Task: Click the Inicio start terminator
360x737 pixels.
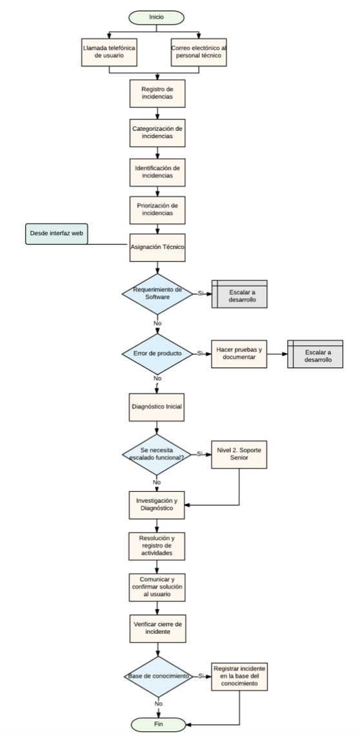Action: coord(157,17)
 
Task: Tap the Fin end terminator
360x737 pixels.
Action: coord(158,724)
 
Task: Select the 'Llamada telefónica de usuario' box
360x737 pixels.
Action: coord(109,52)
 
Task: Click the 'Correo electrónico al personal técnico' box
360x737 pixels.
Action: coord(198,52)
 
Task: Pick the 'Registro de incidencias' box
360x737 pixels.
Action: coord(157,94)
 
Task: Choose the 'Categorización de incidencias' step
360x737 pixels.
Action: coord(157,133)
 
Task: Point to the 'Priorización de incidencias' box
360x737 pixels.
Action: coord(157,210)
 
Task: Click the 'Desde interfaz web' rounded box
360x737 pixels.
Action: coord(56,234)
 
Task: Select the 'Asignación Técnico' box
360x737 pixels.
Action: coord(157,247)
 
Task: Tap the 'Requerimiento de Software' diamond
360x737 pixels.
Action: coord(157,294)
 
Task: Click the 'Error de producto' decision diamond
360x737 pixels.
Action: coord(157,354)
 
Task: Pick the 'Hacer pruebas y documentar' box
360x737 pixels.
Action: coord(239,354)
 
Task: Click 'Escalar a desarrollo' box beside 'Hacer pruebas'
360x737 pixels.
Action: coord(315,354)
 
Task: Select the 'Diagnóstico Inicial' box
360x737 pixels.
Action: coord(157,407)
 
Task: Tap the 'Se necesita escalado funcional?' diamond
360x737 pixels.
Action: coord(157,454)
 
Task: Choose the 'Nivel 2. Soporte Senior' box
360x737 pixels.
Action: coord(239,454)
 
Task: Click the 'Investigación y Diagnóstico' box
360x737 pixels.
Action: coord(157,505)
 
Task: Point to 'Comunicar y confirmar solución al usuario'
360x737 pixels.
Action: coord(157,587)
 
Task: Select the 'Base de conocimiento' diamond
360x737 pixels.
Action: coord(158,676)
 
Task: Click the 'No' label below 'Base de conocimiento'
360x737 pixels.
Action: coord(158,703)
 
